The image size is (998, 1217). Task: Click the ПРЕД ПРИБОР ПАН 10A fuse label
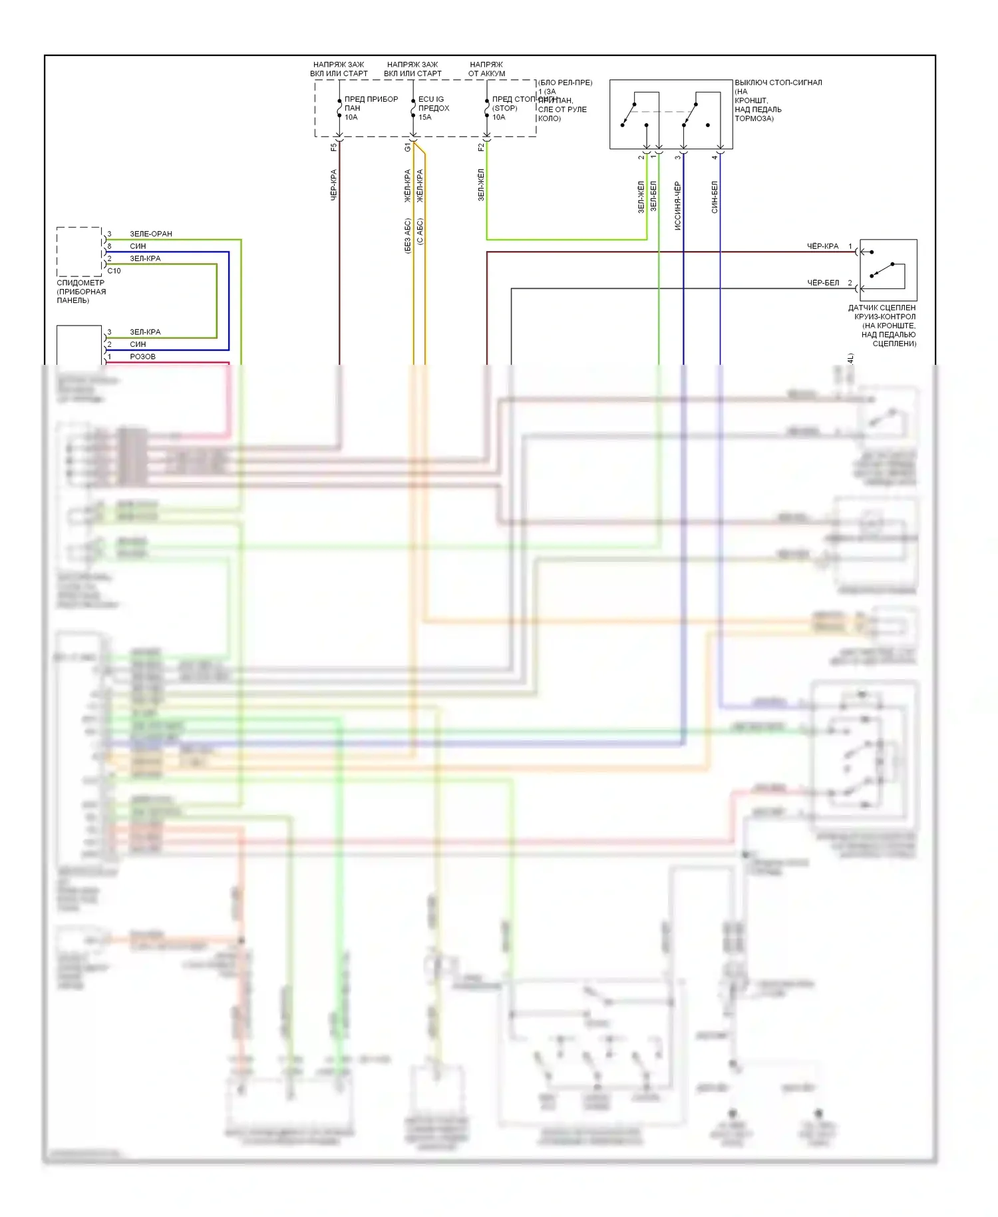click(370, 108)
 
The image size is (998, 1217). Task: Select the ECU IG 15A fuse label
click(433, 108)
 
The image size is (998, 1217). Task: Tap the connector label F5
click(334, 147)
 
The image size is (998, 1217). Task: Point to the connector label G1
click(408, 147)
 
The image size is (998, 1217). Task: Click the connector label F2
click(481, 147)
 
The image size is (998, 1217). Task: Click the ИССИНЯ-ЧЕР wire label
click(677, 206)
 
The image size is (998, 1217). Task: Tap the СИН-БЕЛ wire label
click(715, 196)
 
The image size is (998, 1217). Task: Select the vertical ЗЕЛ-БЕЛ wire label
click(653, 196)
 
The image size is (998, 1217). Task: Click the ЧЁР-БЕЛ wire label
click(823, 283)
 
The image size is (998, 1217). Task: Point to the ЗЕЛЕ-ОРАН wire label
click(151, 234)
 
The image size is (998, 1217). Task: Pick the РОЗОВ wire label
click(142, 357)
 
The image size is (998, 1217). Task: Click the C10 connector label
click(114, 271)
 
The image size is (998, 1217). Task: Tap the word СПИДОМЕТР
click(81, 283)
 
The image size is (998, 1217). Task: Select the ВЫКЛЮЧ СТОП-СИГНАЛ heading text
click(778, 83)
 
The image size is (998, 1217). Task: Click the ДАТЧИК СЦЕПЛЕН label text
click(882, 308)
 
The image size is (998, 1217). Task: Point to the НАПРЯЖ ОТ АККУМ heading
click(486, 69)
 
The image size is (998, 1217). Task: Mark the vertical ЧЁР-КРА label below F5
click(334, 184)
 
